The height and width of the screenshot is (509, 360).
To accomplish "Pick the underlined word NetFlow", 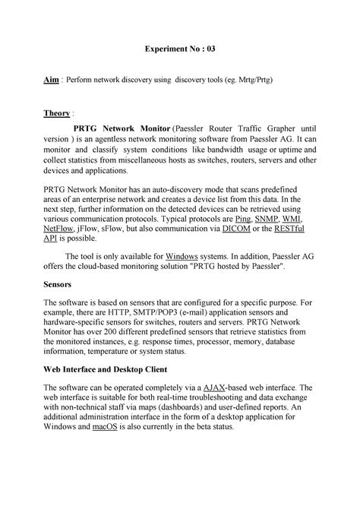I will point(58,227).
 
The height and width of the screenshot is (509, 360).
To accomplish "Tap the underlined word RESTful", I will point(295,227).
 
